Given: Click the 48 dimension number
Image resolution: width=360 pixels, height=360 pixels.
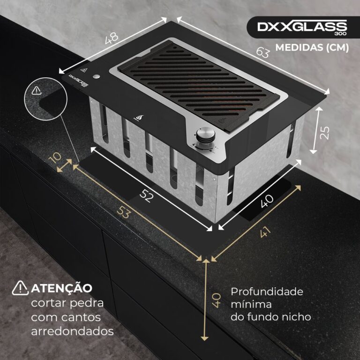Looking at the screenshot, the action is (x=112, y=38).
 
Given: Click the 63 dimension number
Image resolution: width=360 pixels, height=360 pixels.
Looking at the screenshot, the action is (x=262, y=52).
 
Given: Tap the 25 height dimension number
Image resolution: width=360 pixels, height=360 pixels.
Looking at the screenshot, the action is (x=324, y=133).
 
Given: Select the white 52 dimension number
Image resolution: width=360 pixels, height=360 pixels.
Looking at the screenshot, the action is (x=146, y=196).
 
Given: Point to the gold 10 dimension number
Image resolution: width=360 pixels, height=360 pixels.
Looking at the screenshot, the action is (x=55, y=157).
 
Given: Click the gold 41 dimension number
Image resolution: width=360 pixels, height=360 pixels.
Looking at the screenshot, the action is (x=265, y=232).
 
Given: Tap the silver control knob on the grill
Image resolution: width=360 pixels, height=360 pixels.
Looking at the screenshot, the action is (x=205, y=135).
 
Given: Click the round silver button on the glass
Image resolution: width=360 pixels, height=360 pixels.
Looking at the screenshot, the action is (x=97, y=77).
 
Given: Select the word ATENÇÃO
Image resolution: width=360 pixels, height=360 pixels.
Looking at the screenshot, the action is (x=61, y=288).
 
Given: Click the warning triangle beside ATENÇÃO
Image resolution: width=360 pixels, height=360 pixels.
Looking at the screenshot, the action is (x=20, y=288).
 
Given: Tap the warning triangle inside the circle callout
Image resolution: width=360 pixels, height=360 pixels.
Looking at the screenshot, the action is (x=37, y=90).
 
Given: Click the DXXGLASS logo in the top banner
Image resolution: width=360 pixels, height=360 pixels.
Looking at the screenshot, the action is (x=302, y=27).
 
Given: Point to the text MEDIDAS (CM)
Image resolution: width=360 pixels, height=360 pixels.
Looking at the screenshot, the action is (x=312, y=47).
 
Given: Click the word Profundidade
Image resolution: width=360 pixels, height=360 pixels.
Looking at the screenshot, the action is (x=267, y=292).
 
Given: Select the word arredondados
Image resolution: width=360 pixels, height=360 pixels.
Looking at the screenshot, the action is (x=73, y=331).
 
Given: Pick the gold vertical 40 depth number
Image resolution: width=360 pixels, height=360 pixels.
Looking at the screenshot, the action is (x=217, y=300).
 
